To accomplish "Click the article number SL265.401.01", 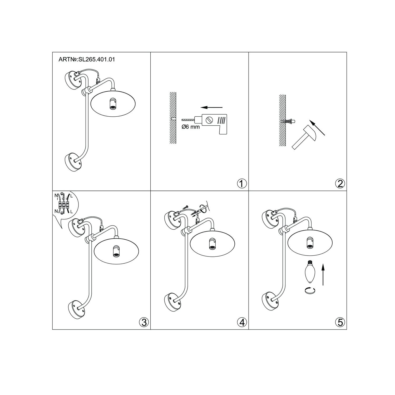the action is point(96,60).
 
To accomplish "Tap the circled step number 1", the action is point(242,183).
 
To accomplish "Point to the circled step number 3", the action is point(144,322).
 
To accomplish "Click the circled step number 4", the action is point(242,322).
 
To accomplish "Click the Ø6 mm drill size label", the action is point(191,127).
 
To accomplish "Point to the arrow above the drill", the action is point(211,107).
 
